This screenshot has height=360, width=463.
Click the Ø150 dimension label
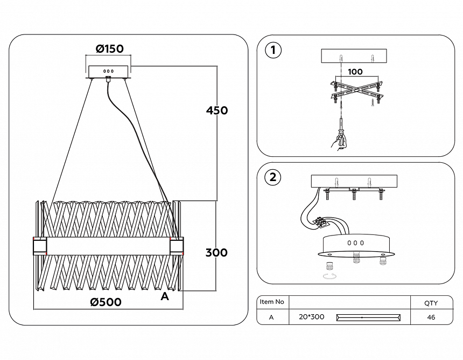tap(109, 49)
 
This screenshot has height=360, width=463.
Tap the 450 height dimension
tap(217, 110)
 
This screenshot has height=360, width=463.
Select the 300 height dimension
tap(216, 252)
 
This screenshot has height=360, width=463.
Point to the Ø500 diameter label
tap(106, 302)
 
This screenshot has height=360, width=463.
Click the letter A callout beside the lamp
tap(165, 296)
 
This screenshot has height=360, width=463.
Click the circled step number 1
tap(273, 51)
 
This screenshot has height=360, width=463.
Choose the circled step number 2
tap(273, 177)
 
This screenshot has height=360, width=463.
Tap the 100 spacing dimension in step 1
tap(355, 72)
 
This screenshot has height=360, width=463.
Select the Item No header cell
tap(272, 302)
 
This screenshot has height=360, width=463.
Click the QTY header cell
tap(431, 303)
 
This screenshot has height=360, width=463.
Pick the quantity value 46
tap(431, 317)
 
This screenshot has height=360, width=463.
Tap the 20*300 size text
tap(311, 317)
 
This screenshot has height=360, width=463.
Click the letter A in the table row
tap(271, 317)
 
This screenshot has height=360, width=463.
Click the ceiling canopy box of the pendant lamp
tap(108, 72)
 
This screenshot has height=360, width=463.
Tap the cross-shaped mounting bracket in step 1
tap(356, 90)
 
